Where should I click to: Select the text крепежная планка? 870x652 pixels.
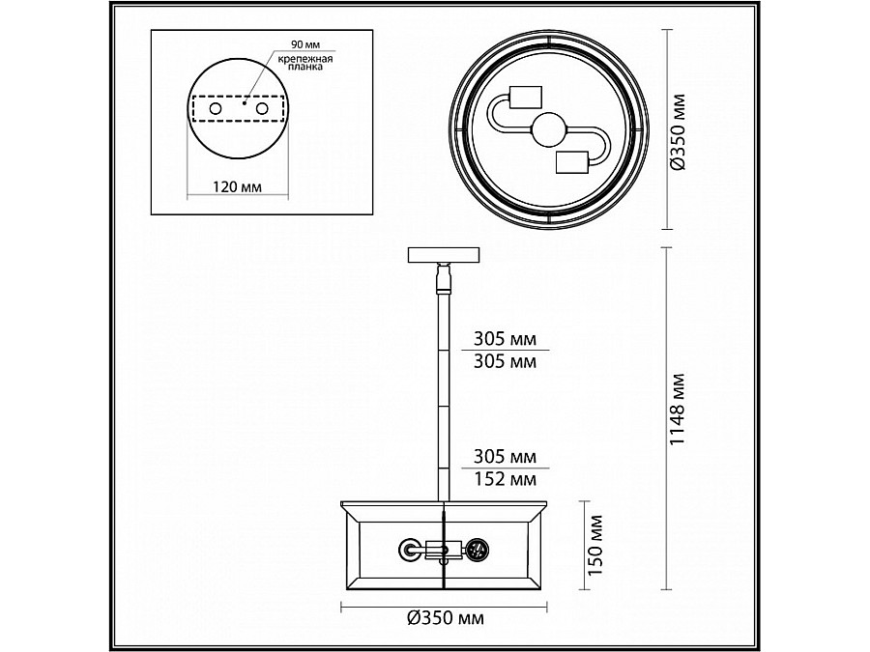tap(304, 64)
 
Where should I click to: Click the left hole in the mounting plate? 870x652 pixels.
tap(215, 109)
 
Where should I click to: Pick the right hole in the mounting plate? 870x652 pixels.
tap(261, 109)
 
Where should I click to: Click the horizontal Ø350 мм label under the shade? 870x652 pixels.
tap(444, 617)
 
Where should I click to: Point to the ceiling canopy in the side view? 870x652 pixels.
tap(445, 255)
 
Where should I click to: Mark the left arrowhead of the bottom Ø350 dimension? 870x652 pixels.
tap(345, 609)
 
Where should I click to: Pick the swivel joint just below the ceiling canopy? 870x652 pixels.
tap(445, 277)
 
